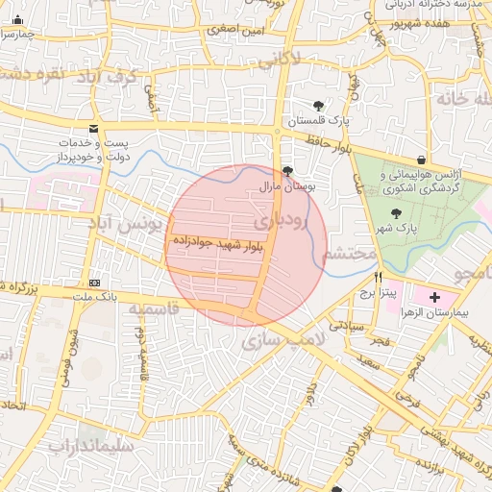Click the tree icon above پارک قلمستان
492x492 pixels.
point(318,106)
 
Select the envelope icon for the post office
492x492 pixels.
point(93,129)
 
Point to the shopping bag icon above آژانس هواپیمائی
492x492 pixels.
point(421,159)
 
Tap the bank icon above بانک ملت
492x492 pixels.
point(94,283)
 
